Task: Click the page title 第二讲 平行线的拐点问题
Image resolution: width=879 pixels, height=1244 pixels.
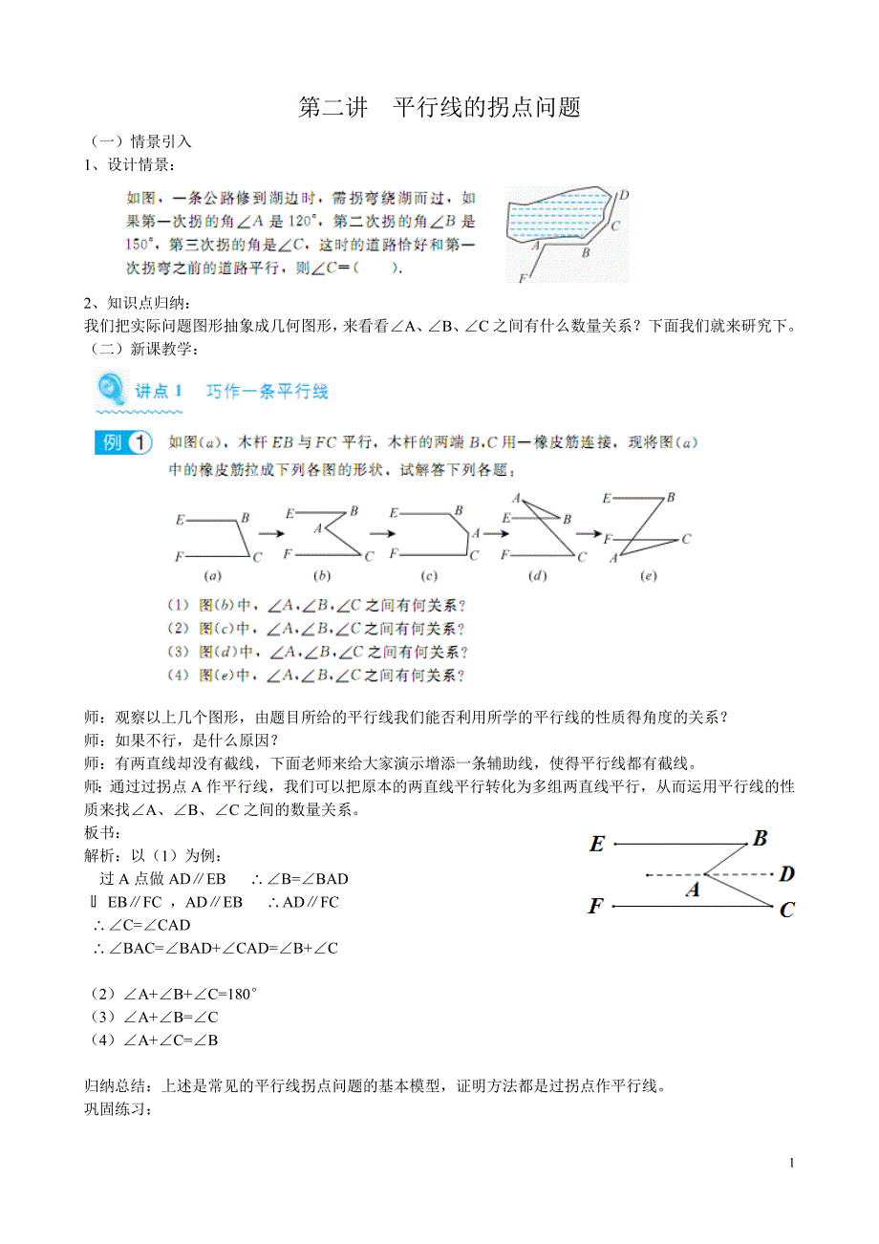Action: click(x=439, y=108)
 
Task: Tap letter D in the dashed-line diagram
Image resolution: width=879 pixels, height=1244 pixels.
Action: click(x=786, y=873)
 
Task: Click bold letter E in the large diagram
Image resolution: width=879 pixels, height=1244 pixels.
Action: click(x=597, y=844)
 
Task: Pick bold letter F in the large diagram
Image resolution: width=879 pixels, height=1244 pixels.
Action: click(x=595, y=906)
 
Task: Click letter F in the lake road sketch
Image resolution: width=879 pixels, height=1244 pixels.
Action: click(x=522, y=278)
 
